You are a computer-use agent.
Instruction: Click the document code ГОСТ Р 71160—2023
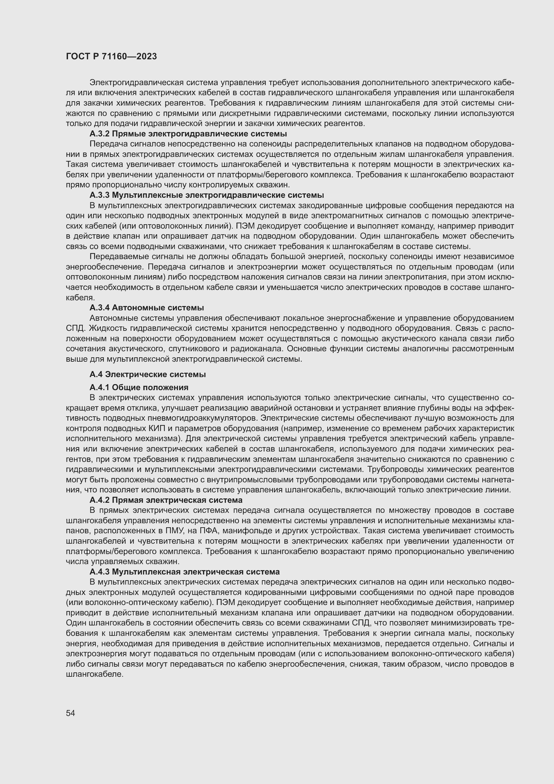coord(111,56)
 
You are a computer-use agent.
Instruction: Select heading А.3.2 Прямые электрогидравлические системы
coord(188,133)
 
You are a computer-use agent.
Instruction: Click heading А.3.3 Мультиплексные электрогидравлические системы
coord(206,195)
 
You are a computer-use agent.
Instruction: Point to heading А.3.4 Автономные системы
coord(147,308)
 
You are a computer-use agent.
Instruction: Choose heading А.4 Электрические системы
coord(147,374)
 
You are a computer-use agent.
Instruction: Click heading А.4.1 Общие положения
coord(139,387)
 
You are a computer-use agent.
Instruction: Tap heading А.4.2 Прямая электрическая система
coord(166,500)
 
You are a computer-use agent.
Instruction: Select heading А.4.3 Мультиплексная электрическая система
coord(185,571)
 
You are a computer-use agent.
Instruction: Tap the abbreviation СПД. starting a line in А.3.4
coord(75,328)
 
